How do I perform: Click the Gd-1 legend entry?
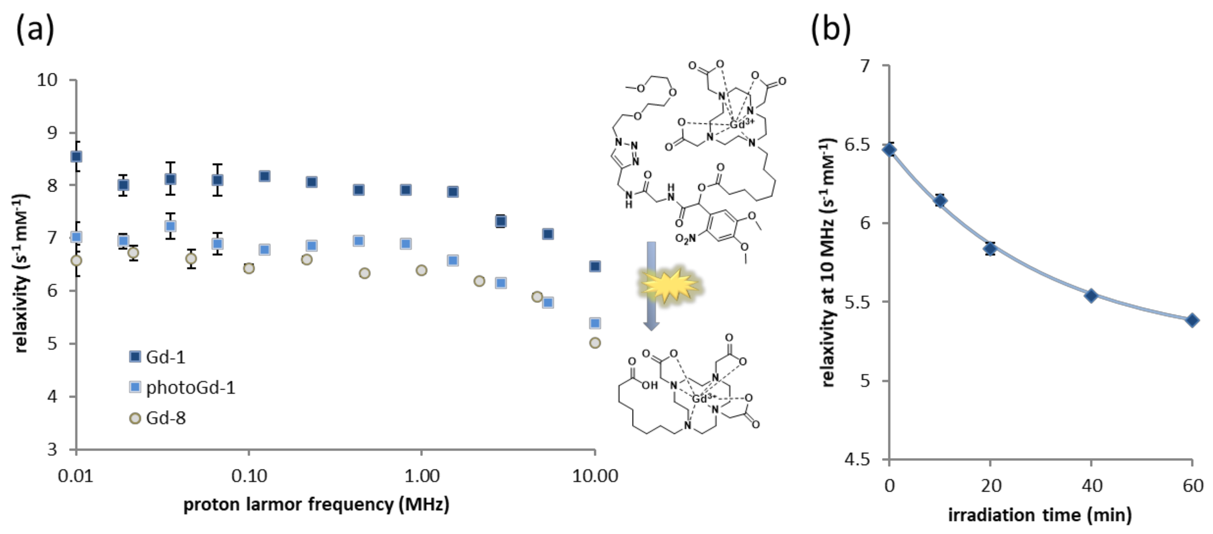point(158,357)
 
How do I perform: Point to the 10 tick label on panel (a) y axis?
point(47,80)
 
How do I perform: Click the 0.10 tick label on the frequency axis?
point(249,476)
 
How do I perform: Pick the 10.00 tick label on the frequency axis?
point(595,476)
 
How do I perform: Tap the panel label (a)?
point(35,29)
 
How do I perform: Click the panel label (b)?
point(831,29)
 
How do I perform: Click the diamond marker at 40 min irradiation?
point(1091,296)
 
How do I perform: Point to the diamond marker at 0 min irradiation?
point(889,150)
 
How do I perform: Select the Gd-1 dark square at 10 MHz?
point(595,267)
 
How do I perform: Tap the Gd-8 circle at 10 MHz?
point(595,343)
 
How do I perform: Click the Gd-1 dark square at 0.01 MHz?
point(76,156)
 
